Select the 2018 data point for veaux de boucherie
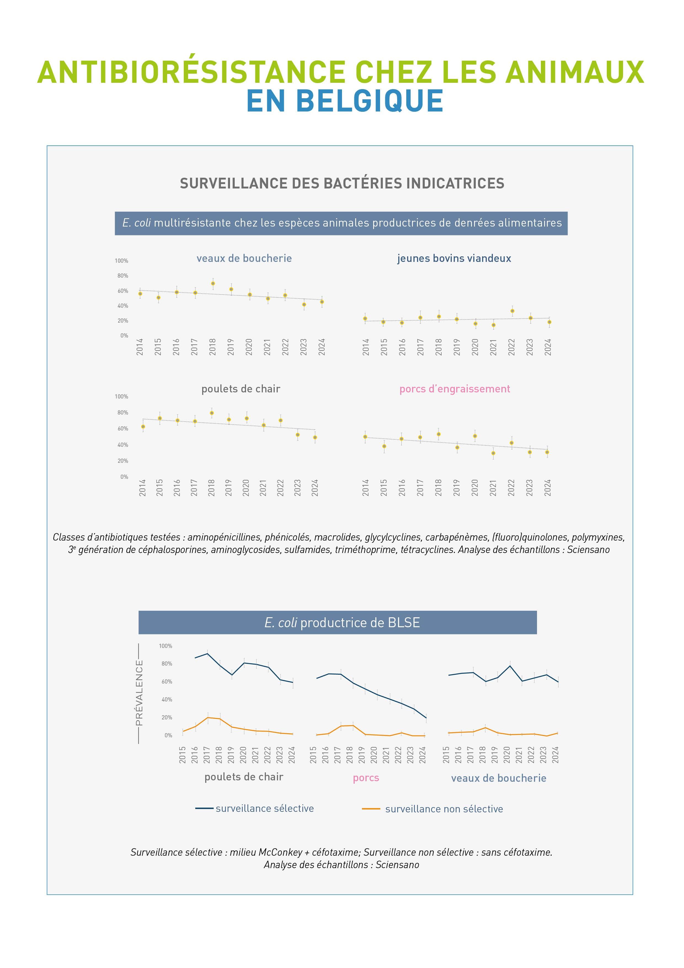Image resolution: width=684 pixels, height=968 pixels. pyautogui.click(x=213, y=283)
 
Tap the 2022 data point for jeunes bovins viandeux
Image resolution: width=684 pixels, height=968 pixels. pyautogui.click(x=512, y=311)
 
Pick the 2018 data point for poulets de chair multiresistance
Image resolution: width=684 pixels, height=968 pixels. pyautogui.click(x=212, y=413)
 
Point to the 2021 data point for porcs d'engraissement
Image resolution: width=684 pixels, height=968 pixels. pyautogui.click(x=493, y=453)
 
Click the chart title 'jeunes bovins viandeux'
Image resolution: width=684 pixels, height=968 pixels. pyautogui.click(x=454, y=259)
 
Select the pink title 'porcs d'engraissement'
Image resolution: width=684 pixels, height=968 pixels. pyautogui.click(x=454, y=389)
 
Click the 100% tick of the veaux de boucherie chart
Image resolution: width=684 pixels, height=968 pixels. pyautogui.click(x=121, y=261)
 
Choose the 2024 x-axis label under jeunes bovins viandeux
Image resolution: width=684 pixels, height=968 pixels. pyautogui.click(x=548, y=347)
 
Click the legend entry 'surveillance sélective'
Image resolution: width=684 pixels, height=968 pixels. pyautogui.click(x=265, y=808)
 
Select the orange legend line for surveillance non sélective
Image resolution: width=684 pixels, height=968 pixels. pyautogui.click(x=371, y=809)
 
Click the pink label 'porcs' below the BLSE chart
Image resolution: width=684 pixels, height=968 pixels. pyautogui.click(x=366, y=778)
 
